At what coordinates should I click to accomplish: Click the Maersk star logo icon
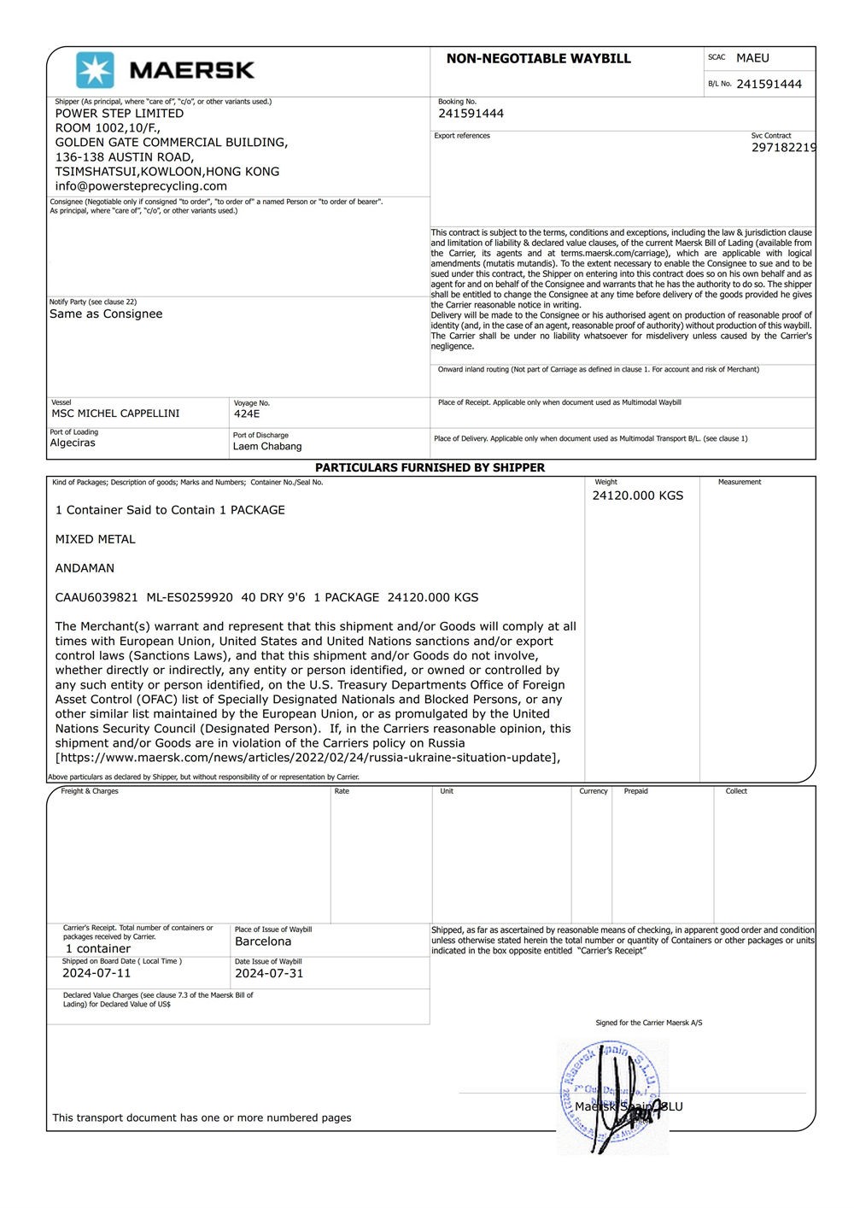(95, 70)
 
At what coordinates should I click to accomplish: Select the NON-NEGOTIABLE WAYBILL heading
(538, 59)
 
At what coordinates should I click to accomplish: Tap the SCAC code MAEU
(752, 58)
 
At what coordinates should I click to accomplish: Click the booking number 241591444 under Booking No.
(471, 114)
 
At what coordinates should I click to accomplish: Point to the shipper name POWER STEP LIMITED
(120, 114)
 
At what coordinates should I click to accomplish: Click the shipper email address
(141, 186)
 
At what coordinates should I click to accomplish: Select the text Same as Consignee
(106, 314)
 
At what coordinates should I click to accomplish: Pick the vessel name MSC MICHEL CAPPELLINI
(115, 413)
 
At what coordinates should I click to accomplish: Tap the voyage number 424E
(247, 414)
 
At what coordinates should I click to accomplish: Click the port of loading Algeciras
(73, 443)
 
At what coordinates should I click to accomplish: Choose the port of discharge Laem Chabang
(267, 447)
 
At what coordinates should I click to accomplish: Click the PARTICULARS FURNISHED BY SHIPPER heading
(430, 468)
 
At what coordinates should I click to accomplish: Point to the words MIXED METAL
(95, 539)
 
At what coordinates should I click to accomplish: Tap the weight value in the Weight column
(637, 496)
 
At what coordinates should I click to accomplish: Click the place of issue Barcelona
(263, 941)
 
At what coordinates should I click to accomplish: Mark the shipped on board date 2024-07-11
(97, 973)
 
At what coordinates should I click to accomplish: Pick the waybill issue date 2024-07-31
(269, 973)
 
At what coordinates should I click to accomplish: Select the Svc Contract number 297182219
(783, 148)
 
